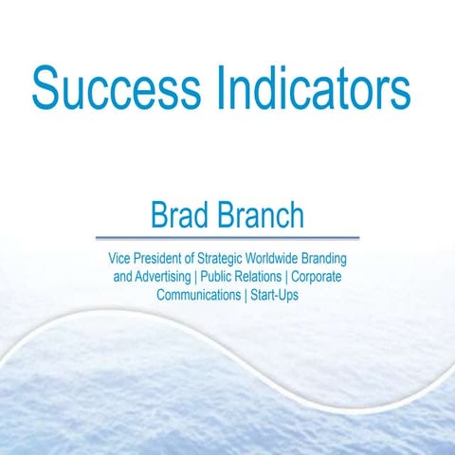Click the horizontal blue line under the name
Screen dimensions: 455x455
tap(227, 237)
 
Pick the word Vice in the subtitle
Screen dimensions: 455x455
tap(120, 259)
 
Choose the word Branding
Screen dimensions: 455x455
tap(339, 259)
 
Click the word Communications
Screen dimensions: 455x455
tap(198, 295)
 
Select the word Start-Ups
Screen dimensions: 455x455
tap(273, 295)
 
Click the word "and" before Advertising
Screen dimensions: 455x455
tap(123, 277)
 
